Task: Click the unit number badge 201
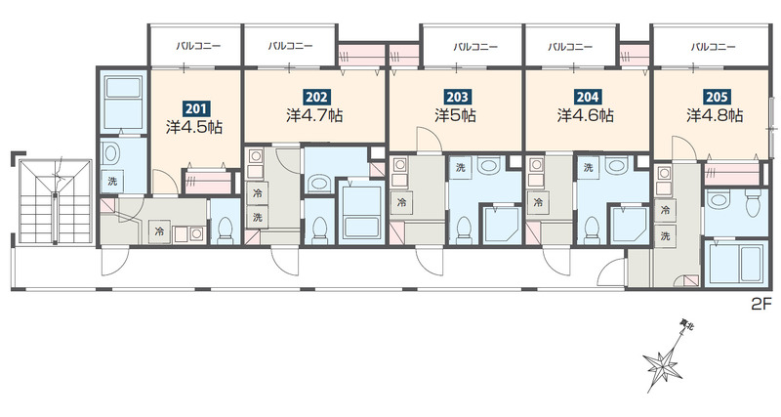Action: point(194,107)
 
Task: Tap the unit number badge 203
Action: point(457,96)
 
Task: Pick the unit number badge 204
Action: point(588,96)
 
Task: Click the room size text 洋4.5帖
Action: point(194,127)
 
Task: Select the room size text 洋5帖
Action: point(455,115)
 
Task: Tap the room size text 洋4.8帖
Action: point(715,115)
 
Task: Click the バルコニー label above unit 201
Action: point(198,46)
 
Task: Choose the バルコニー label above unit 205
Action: point(713,47)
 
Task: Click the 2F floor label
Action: point(761,304)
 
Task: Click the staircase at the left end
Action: point(56,201)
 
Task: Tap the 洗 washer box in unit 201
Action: point(112,181)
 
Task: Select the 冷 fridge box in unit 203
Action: point(401,203)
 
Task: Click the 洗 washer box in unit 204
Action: point(589,168)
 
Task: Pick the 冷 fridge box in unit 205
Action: point(665,211)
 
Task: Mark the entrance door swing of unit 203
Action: point(430,260)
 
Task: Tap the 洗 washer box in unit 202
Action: point(257,217)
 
